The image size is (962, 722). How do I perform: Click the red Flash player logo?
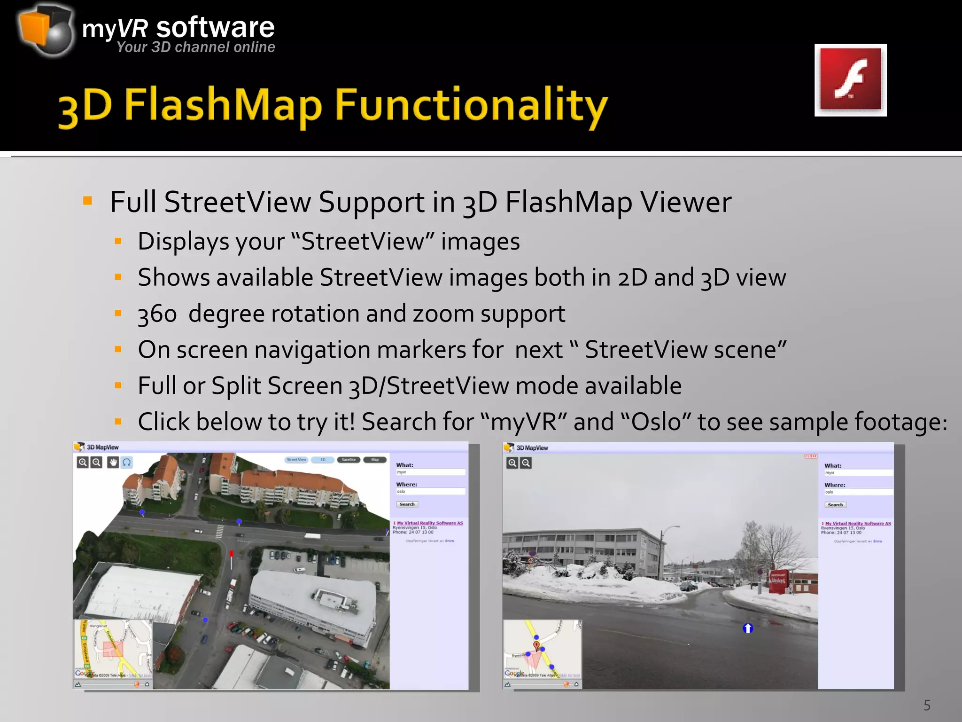pos(850,80)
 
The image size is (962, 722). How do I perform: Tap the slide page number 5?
pos(927,705)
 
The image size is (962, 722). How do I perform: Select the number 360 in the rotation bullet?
pos(157,314)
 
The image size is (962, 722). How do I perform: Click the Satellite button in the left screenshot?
pos(349,460)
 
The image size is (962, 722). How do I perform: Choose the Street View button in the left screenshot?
pos(296,460)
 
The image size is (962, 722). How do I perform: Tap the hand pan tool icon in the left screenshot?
pos(113,463)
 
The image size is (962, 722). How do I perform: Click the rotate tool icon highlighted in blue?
pos(127,463)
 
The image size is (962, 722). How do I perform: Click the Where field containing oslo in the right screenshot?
pos(858,492)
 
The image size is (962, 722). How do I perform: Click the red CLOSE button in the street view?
pos(811,456)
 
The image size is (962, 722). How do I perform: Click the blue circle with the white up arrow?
pos(748,628)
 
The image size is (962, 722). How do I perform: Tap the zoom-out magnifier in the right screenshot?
pos(526,463)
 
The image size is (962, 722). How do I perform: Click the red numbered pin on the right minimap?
pos(536,645)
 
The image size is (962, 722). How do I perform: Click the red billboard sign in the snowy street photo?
pos(778,581)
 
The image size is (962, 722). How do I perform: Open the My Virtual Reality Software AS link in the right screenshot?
pos(858,523)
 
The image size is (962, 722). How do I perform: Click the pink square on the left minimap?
pos(113,650)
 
